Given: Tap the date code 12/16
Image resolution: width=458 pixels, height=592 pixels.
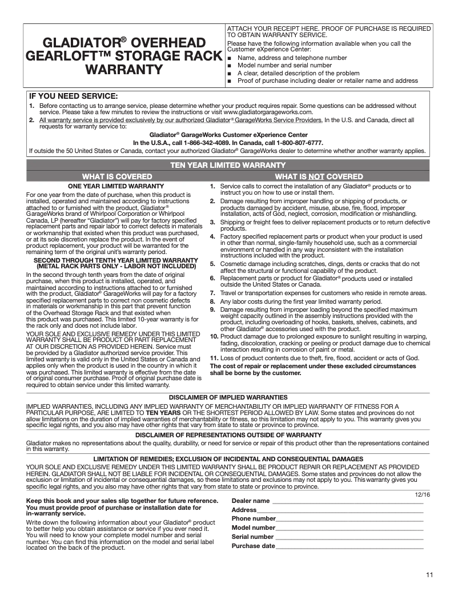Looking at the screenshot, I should coord(422,494).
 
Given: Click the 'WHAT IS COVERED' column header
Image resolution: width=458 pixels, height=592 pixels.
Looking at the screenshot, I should coord(117,176).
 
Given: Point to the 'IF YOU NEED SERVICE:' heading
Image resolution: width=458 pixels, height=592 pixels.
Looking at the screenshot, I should coord(74,95).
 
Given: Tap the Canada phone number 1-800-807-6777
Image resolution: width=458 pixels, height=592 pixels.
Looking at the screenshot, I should coord(300,143).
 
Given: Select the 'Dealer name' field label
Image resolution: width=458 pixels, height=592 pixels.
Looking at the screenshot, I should coord(250,501).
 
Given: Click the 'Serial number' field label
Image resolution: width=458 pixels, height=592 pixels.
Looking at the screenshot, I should coord(252,537).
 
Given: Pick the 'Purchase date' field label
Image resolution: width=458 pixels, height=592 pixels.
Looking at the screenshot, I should coord(253,546).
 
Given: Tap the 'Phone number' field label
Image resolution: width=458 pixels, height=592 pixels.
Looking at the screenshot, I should coord(254,519).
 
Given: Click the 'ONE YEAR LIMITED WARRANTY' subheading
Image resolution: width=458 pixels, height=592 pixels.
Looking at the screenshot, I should coord(116,187).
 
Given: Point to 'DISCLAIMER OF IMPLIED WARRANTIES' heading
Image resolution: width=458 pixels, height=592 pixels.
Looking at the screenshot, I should coord(228,397).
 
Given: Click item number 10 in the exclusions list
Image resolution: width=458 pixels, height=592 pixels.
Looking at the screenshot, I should coord(214,337).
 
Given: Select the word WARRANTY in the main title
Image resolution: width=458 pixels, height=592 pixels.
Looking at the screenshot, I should coord(124,70).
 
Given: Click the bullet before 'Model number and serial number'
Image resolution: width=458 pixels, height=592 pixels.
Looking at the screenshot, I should coord(229,66).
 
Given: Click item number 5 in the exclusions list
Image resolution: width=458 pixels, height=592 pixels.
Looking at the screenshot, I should coord(212,264).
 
